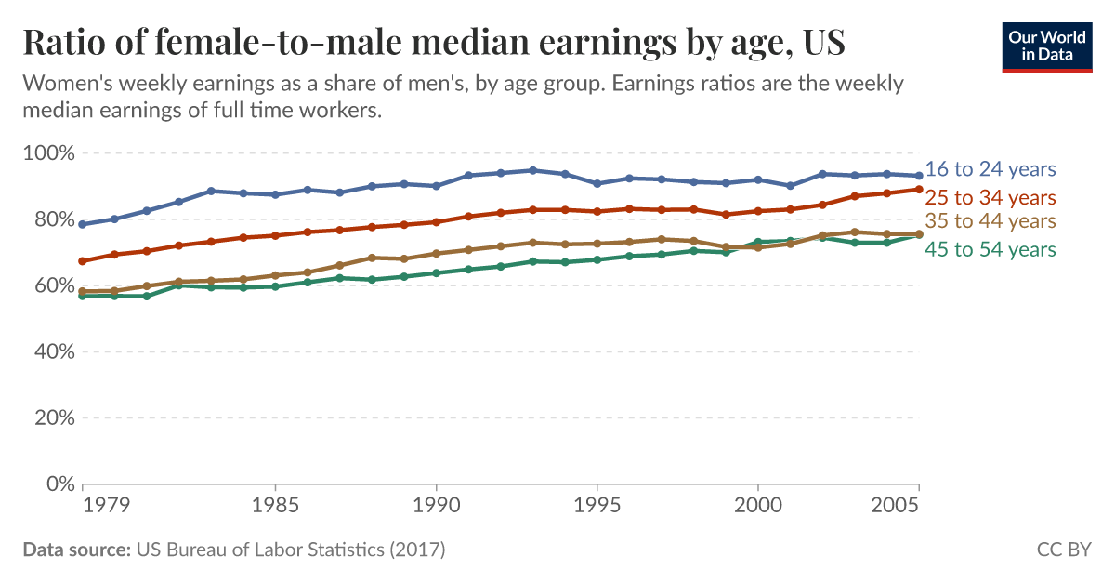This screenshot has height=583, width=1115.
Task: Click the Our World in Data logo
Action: tap(1047, 44)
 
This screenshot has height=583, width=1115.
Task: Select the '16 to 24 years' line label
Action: tap(990, 169)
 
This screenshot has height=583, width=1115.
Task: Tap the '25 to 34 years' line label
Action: tap(990, 197)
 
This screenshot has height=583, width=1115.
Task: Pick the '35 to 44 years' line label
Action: tap(990, 221)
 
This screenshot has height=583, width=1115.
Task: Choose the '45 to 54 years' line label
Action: tap(990, 249)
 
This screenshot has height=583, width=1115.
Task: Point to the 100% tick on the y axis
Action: tap(48, 153)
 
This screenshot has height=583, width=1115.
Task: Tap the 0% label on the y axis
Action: tap(59, 484)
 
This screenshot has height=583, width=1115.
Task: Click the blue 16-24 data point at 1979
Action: tap(83, 224)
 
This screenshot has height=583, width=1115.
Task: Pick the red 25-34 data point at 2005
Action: tap(919, 190)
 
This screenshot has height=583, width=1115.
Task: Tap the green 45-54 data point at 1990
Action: tap(436, 273)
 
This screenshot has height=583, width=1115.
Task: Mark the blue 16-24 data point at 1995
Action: tap(597, 183)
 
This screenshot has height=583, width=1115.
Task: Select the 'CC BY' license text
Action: tap(1063, 550)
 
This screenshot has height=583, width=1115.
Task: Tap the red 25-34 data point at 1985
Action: tap(275, 235)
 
